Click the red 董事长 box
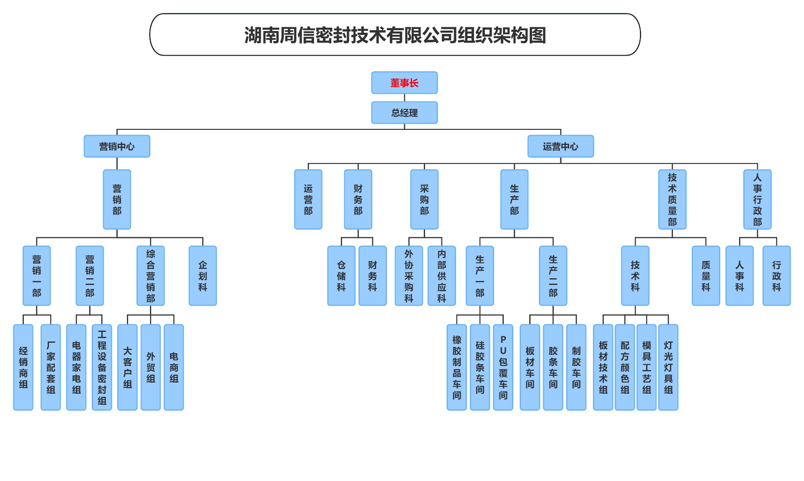(x=404, y=83)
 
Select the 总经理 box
(x=404, y=113)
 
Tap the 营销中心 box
(x=117, y=146)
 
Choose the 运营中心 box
(x=560, y=146)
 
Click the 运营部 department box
(x=308, y=199)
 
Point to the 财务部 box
(x=358, y=199)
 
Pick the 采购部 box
(x=424, y=199)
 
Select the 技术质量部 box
(x=672, y=199)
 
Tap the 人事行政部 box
(x=757, y=199)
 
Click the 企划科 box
(x=203, y=276)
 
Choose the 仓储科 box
(x=341, y=276)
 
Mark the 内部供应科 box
(x=441, y=276)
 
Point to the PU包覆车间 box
(x=503, y=367)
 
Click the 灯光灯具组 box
(x=668, y=367)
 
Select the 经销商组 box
(x=23, y=367)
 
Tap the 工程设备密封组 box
(x=102, y=367)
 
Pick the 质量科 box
(x=706, y=276)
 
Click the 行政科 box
(x=776, y=276)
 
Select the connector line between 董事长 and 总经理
(x=405, y=98)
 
